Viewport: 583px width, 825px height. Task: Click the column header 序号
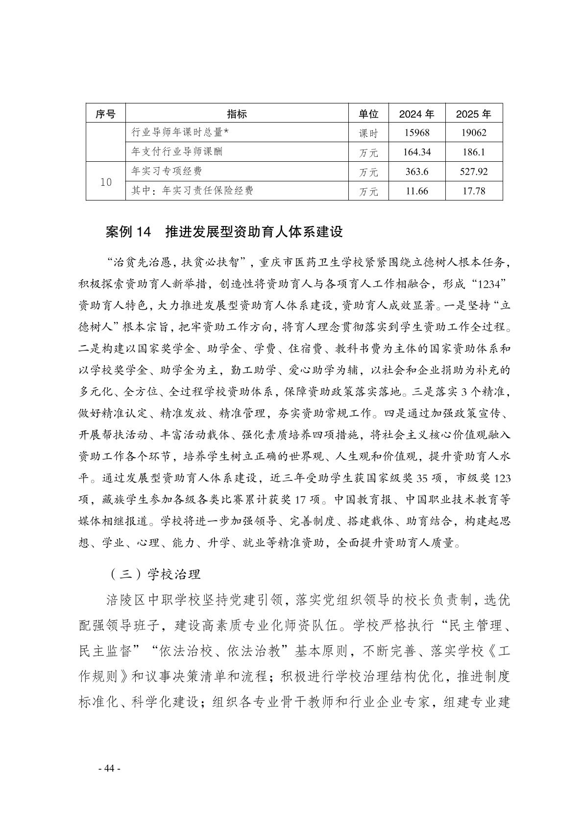tap(105, 114)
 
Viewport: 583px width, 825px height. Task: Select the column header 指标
tap(237, 114)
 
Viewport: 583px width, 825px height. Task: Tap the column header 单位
tap(368, 114)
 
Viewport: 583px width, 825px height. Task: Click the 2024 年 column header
tap(416, 114)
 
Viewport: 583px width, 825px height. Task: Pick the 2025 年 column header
tap(473, 114)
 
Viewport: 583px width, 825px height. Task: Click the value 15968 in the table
tap(416, 133)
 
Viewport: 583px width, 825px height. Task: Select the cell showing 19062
tap(473, 133)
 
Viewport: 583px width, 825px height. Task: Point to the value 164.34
tap(416, 152)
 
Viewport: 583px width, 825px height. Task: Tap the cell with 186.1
tap(473, 152)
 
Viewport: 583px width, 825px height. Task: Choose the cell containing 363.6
tap(416, 172)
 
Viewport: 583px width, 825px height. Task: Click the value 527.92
tap(473, 172)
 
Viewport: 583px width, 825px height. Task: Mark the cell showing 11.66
tap(416, 191)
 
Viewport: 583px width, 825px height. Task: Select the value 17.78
tap(473, 191)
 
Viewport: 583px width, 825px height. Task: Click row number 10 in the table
tap(106, 182)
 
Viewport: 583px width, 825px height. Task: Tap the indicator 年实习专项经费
tap(167, 172)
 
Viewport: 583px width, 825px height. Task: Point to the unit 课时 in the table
tap(368, 133)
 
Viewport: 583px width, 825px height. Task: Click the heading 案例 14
tap(130, 232)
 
